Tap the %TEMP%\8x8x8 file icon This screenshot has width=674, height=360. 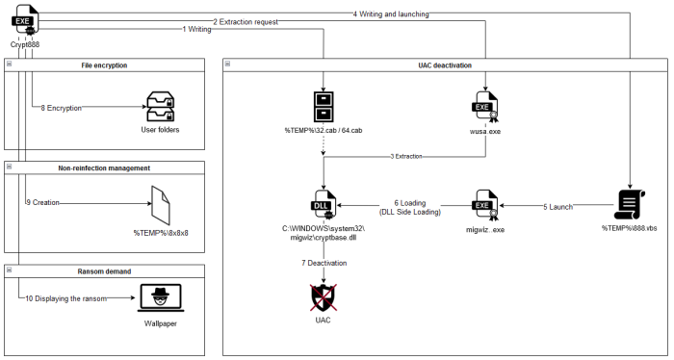[161, 203]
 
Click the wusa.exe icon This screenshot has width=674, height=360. [484, 108]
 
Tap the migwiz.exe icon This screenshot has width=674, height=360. [484, 204]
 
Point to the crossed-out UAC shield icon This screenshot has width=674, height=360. [323, 296]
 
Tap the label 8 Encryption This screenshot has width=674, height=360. [61, 109]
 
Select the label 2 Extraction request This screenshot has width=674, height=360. [249, 21]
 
